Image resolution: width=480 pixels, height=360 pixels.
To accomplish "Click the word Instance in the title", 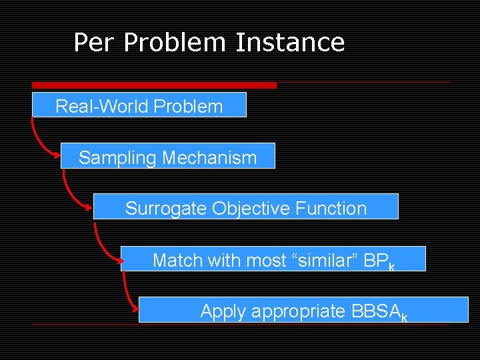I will click(290, 43).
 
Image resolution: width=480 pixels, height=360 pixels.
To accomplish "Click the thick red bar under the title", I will click(154, 85).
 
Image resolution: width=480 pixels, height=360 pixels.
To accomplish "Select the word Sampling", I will click(117, 158).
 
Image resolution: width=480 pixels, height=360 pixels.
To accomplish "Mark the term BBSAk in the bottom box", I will click(377, 311).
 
